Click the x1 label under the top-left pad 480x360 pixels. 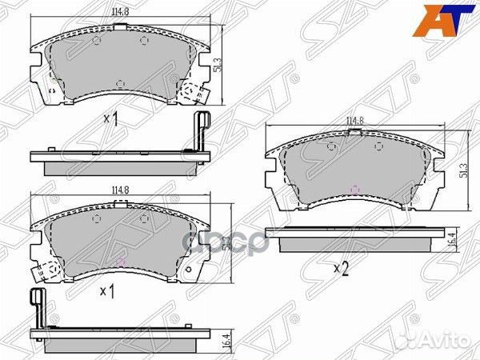pyautogui.click(x=110, y=120)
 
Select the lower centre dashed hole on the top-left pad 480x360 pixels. pyautogui.click(x=118, y=83)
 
